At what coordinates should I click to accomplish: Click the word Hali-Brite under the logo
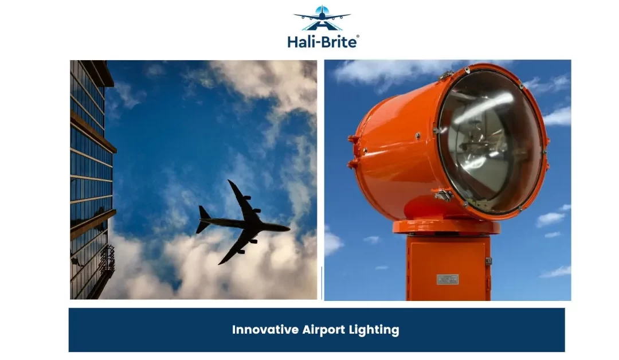click(x=322, y=41)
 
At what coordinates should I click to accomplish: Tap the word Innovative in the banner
click(x=265, y=330)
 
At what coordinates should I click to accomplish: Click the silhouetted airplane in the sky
click(x=242, y=222)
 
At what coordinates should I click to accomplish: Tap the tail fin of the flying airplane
click(x=203, y=220)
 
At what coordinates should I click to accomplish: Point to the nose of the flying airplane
click(x=288, y=228)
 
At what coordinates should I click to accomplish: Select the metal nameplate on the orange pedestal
click(x=448, y=280)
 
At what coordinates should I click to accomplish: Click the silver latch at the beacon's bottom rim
click(x=444, y=194)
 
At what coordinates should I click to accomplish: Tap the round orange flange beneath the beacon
click(x=446, y=228)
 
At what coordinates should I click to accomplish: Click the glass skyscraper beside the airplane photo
click(x=92, y=179)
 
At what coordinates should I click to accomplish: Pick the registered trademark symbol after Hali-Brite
click(x=358, y=37)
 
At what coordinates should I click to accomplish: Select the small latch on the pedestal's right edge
click(x=488, y=261)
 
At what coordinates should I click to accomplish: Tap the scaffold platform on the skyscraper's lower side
click(x=107, y=260)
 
